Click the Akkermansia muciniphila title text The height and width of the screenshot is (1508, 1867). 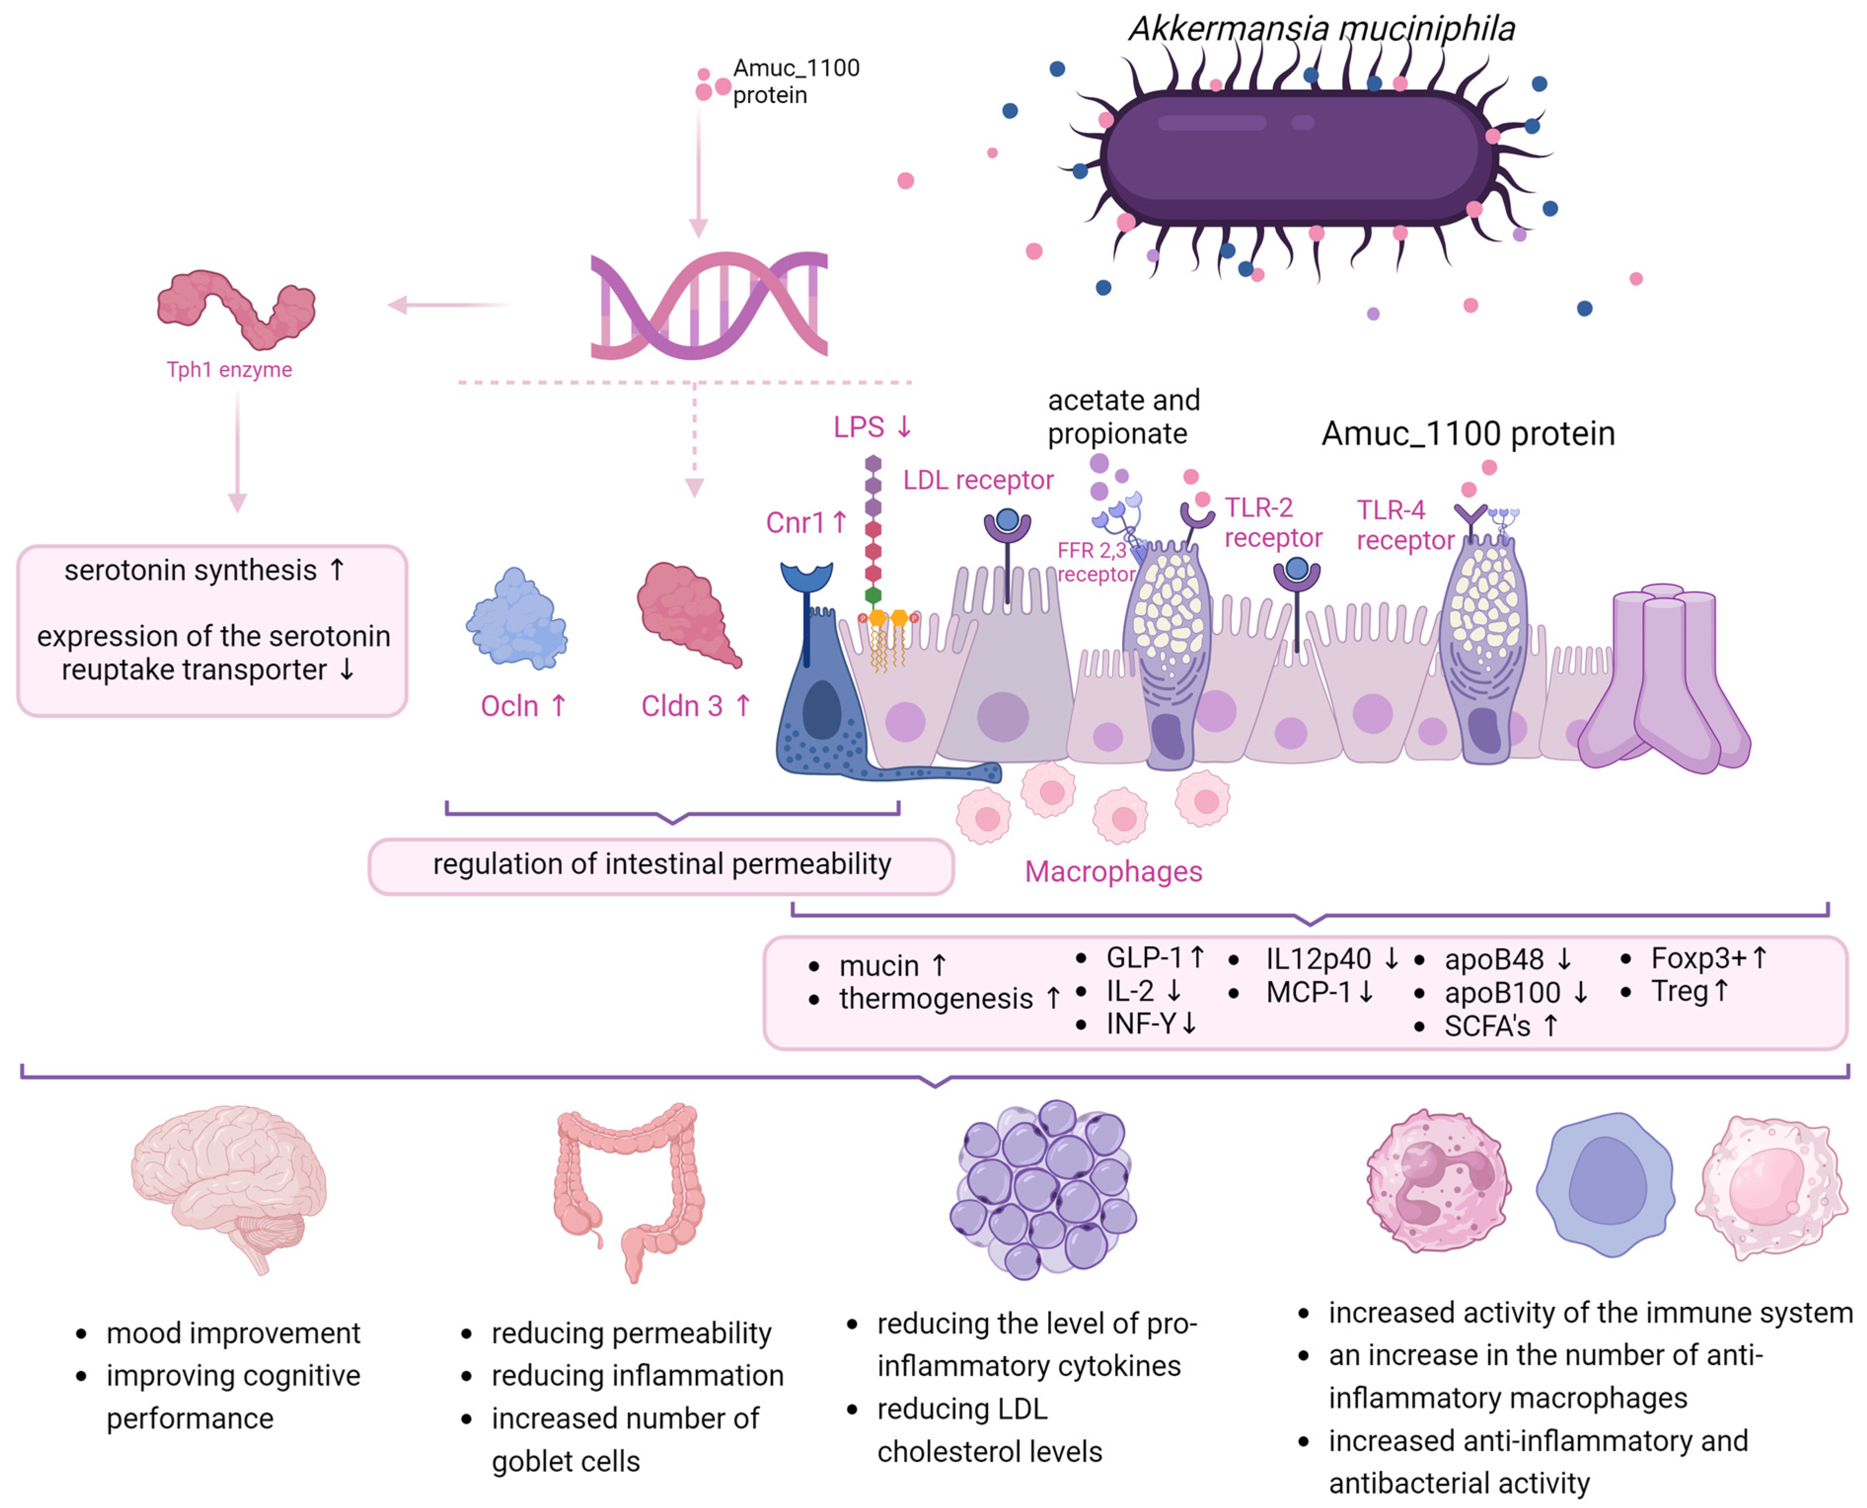[x=1321, y=29]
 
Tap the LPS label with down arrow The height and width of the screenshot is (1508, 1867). [x=872, y=427]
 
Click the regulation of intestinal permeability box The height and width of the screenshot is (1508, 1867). [x=661, y=864]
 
